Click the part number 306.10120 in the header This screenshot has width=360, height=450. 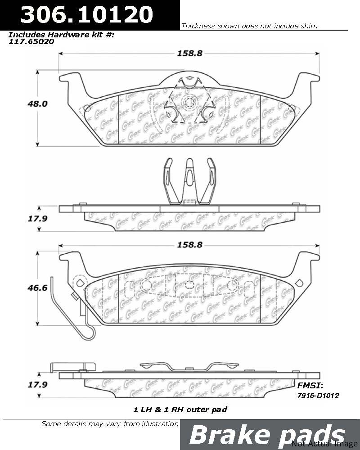coord(87,14)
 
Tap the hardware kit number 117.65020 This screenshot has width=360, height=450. coord(31,41)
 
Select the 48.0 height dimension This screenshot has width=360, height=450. coord(37,103)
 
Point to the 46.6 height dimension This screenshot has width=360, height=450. coord(37,288)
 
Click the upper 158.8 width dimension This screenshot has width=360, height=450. coord(189,54)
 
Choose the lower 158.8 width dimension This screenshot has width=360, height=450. coord(189,245)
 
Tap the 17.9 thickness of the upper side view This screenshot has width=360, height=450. coord(37,219)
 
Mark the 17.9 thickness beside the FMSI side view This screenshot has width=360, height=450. coord(37,385)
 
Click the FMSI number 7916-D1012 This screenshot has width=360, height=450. coord(318,396)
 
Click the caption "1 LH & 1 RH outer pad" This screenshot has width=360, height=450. coord(180,409)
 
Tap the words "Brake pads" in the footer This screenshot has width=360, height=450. coord(267,435)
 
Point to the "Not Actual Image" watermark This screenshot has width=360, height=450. coord(325,444)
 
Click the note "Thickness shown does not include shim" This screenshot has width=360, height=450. coord(249,26)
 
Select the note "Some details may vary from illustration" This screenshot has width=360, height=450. coord(110,424)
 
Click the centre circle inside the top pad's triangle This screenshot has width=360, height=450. coord(189,102)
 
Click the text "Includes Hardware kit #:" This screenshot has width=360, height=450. coord(61,35)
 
